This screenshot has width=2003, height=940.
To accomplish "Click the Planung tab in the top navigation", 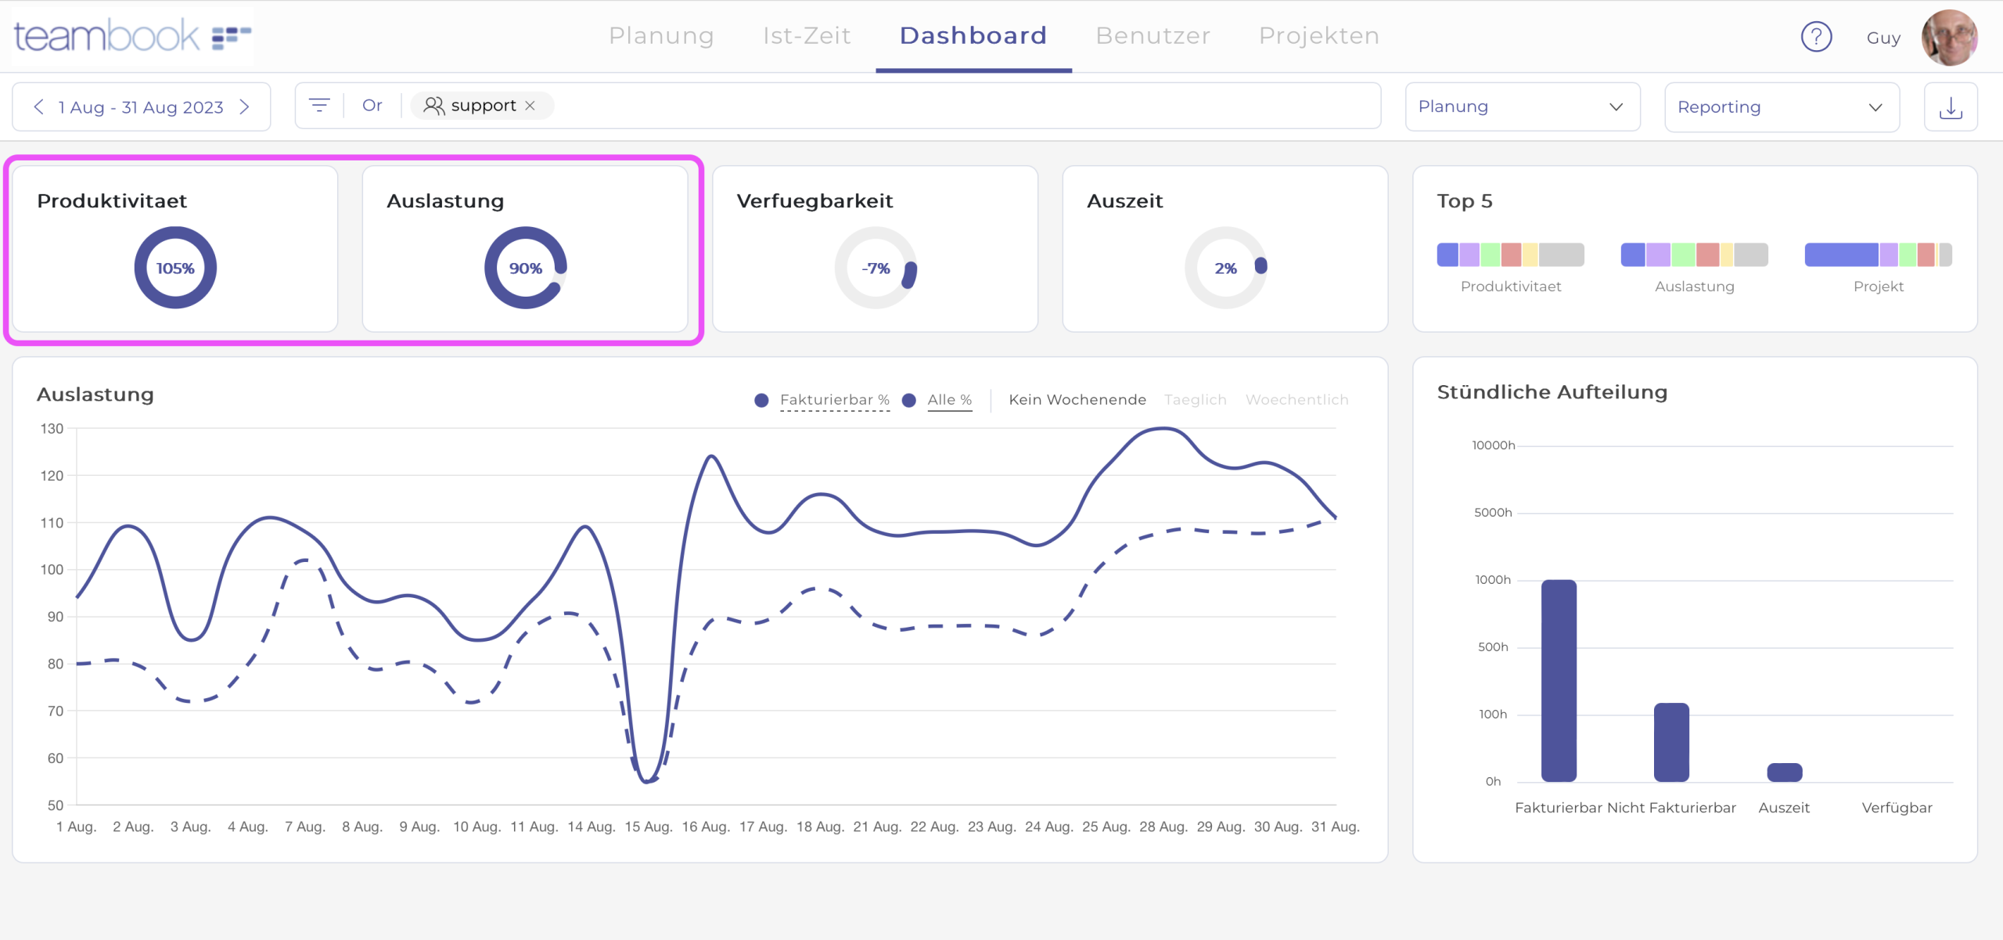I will (661, 36).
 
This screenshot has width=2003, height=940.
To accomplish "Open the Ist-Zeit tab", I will (807, 36).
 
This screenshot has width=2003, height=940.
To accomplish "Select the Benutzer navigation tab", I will (1153, 36).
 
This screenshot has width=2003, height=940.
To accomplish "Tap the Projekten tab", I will (1319, 36).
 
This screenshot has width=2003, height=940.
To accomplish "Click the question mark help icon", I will (1816, 37).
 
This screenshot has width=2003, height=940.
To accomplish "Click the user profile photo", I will (1949, 37).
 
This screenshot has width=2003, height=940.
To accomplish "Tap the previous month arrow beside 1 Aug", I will (39, 107).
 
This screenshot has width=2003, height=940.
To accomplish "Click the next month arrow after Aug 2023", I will (245, 107).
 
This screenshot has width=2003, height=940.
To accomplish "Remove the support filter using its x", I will (530, 106).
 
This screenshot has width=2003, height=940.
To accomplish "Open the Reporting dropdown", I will (1781, 107).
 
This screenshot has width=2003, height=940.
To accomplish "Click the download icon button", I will (1951, 107).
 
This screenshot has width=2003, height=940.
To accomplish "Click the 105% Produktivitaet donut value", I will (175, 268).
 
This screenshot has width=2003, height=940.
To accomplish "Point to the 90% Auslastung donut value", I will (525, 268).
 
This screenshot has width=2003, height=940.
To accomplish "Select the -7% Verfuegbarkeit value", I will (876, 268).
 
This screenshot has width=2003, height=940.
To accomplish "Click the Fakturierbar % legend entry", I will (834, 400).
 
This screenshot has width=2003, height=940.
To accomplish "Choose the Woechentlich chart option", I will (1296, 400).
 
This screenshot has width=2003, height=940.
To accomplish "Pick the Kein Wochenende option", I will (1077, 400).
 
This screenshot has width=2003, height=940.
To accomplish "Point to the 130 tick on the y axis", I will (52, 429).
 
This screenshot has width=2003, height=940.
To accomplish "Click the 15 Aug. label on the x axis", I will (648, 827).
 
